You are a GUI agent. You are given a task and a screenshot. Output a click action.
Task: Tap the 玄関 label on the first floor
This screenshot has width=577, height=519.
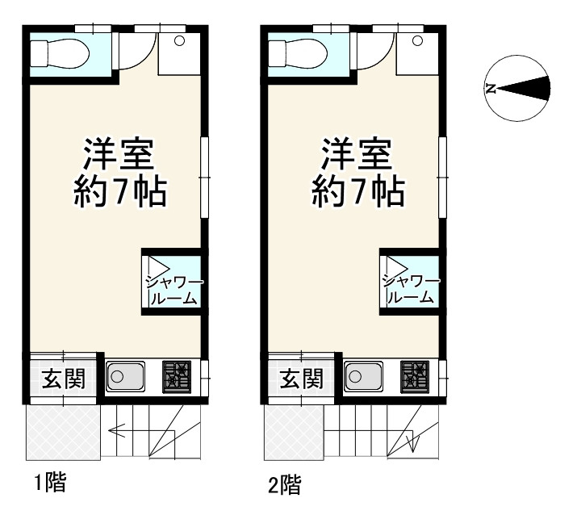59,378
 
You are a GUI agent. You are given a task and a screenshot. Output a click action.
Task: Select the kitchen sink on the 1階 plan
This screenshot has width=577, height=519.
125,376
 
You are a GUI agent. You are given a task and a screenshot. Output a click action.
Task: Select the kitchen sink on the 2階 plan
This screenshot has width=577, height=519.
364,376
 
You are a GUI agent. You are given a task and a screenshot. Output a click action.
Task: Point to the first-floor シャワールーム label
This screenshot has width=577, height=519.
174,289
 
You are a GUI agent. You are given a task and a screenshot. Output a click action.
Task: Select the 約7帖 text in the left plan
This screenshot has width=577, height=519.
121,192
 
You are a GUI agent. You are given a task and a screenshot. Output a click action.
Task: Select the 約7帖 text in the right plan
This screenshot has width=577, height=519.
357,192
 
